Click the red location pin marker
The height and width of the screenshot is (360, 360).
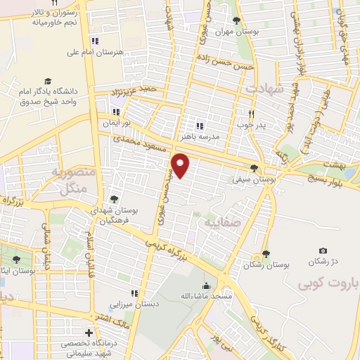pos(181,166)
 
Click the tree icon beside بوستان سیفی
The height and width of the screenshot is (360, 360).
pos(254,168)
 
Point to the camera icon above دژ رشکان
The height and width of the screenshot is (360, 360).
pos(323,251)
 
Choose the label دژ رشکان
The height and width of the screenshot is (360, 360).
pos(323,262)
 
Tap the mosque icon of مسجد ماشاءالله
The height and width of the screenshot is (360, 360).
pos(205,285)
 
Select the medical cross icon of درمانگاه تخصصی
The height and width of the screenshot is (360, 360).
pos(89,332)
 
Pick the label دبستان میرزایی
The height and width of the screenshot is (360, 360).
pos(134,305)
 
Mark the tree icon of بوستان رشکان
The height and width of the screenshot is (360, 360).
pos(266,254)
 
